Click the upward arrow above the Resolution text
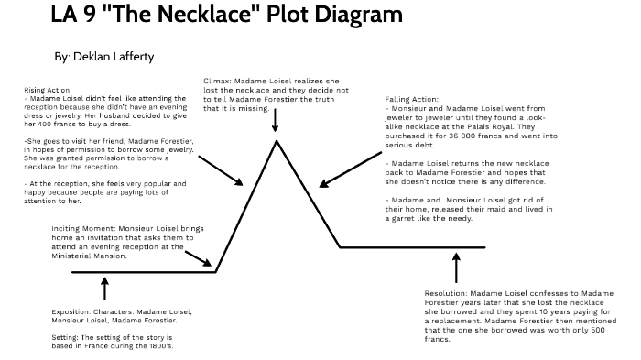coord(456,267)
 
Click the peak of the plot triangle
coord(276,140)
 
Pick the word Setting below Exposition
coord(65,339)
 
